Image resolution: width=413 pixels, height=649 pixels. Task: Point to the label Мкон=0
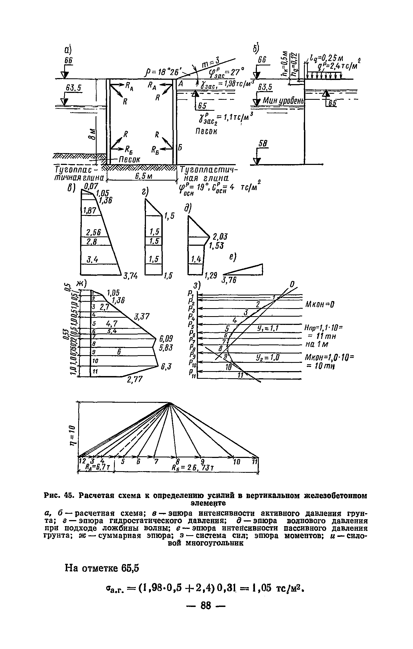[x=320, y=304]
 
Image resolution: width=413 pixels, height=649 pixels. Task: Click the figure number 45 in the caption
[x=67, y=496]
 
